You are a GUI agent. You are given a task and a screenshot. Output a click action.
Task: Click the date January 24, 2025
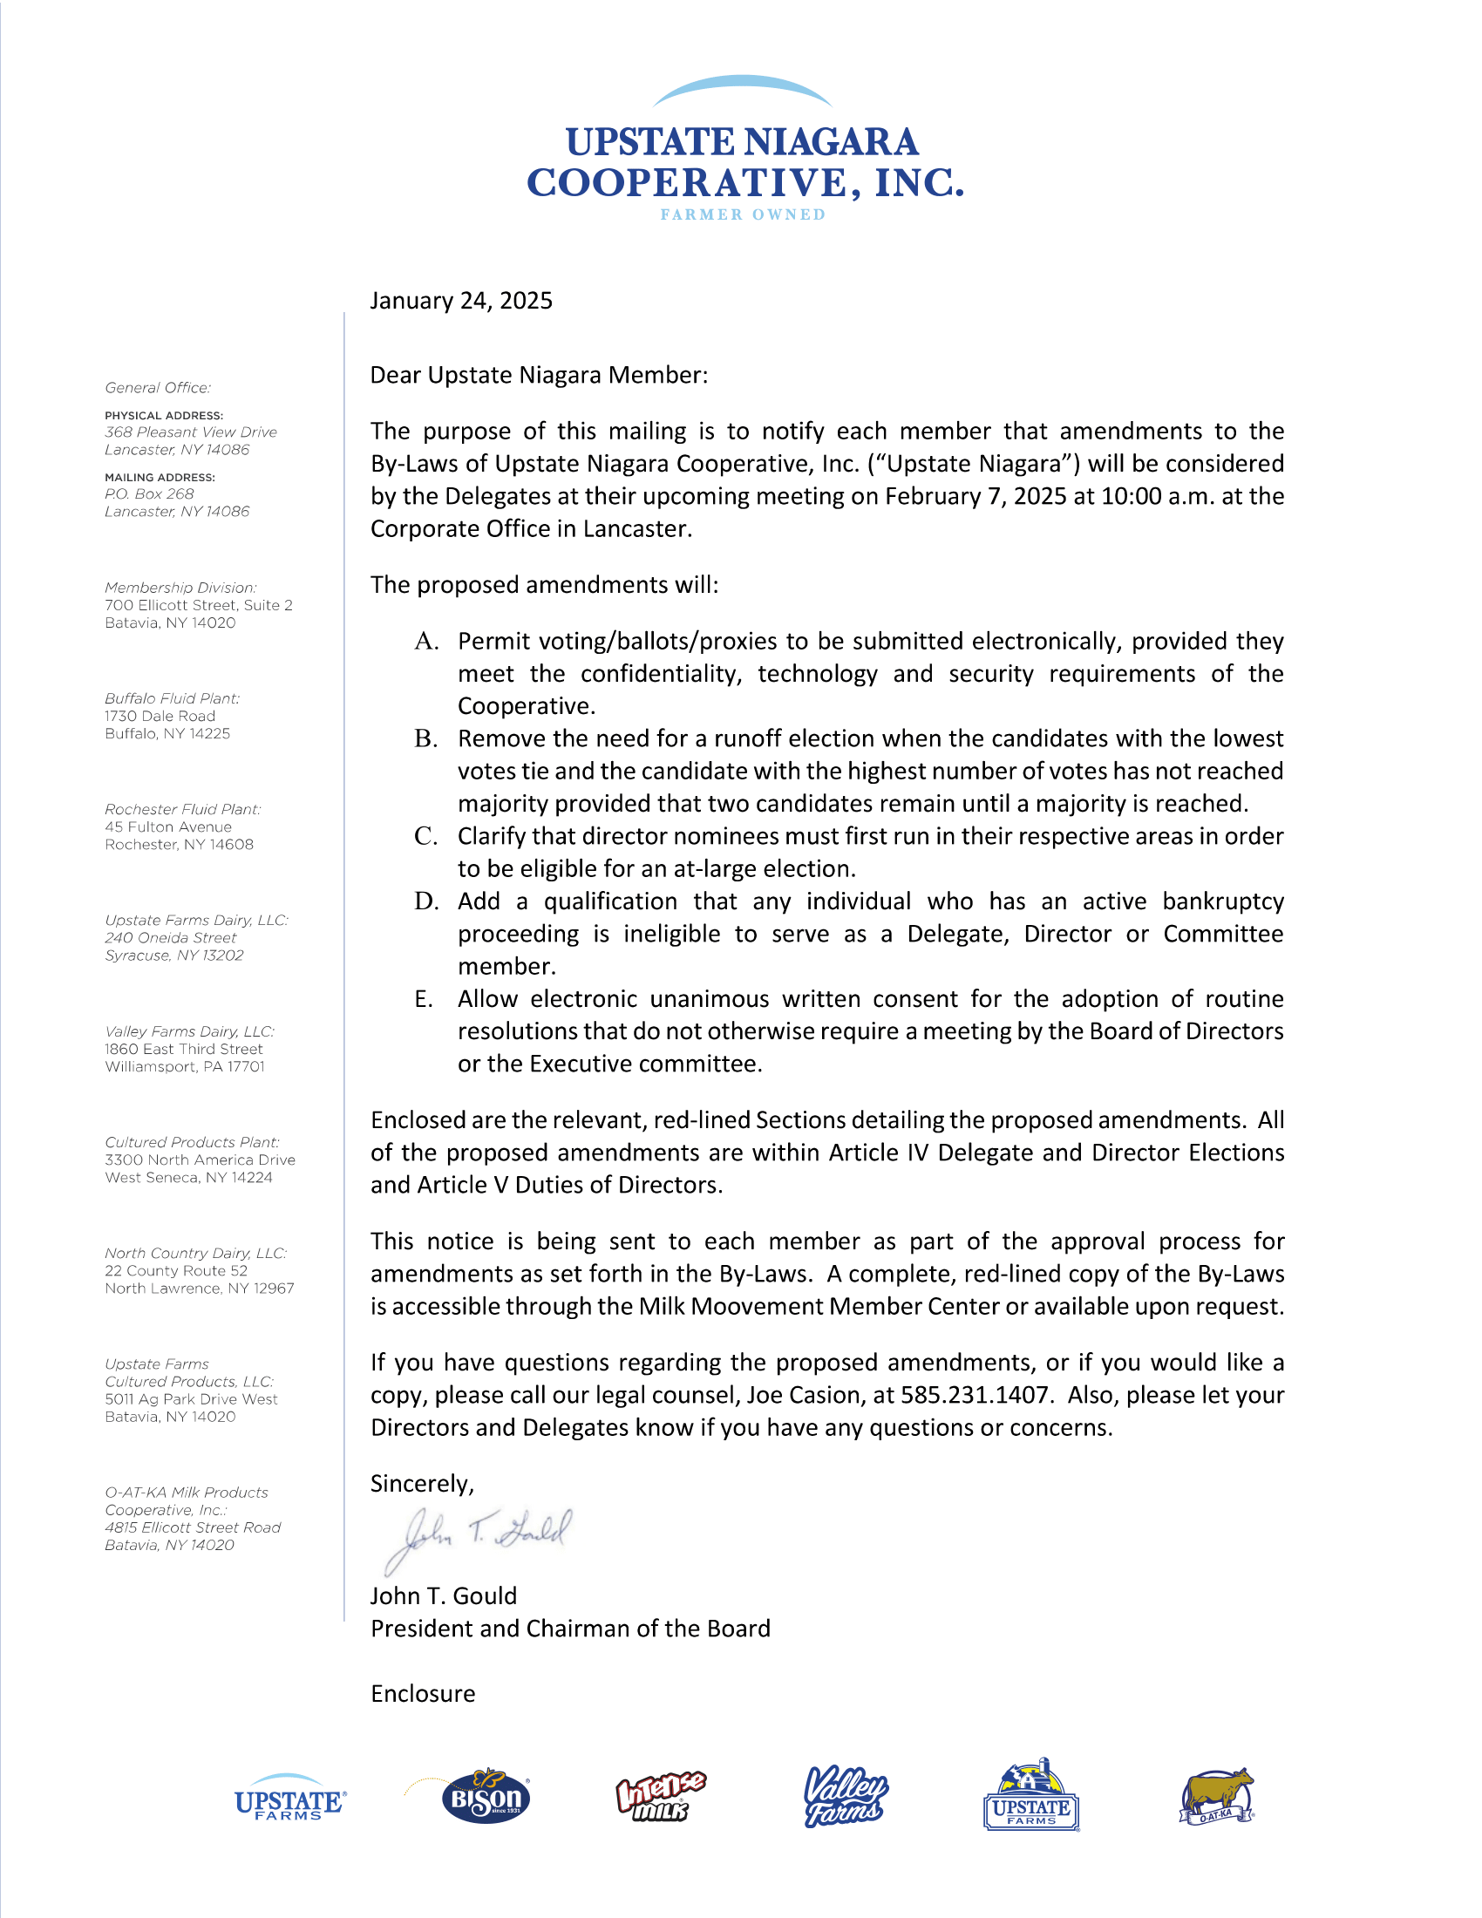pos(461,302)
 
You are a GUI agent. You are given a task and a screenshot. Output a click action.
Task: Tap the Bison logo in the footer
pos(486,1797)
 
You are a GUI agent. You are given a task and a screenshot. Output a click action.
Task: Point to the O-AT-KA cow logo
pos(1218,1797)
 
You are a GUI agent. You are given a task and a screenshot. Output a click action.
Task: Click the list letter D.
pos(425,902)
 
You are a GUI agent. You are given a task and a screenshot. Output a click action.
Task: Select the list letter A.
pos(425,642)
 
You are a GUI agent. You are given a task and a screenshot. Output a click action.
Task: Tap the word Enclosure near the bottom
pos(422,1694)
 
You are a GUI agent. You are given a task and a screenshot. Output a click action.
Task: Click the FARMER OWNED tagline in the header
pos(743,215)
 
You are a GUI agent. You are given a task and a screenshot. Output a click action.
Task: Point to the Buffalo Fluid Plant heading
pos(172,699)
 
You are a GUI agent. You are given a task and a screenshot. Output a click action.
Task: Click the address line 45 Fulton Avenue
pos(168,827)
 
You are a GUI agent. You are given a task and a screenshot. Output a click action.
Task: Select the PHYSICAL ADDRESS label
pos(164,416)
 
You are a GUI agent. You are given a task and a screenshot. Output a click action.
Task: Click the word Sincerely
pos(421,1484)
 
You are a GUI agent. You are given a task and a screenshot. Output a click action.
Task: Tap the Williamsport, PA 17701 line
pos(184,1067)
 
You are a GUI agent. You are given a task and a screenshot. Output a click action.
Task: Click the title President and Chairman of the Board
pos(570,1629)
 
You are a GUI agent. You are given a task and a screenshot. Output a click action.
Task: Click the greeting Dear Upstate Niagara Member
pos(538,376)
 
